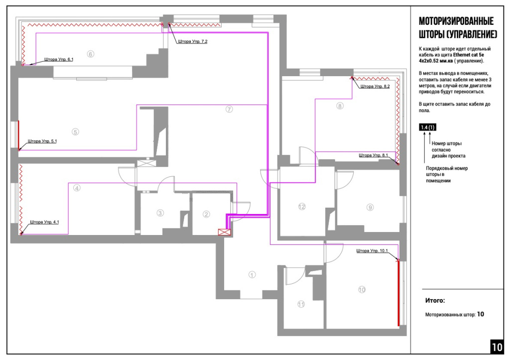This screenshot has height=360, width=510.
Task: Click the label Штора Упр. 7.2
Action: point(193,41)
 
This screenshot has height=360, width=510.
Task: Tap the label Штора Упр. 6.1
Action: point(59,60)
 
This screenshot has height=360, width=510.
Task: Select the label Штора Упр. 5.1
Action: point(42,141)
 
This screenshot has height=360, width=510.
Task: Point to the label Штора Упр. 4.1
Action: point(44,222)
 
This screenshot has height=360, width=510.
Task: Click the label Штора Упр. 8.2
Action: point(375,86)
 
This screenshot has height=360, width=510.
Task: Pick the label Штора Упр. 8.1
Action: point(374,155)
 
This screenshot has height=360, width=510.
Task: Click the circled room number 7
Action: point(229,109)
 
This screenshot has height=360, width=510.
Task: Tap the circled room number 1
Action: point(252,275)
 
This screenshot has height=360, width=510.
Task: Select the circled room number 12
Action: point(302,207)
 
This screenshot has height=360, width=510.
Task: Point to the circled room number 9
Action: point(370,207)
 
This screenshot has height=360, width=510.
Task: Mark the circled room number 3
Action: point(160,213)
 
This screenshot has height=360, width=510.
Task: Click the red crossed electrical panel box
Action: point(225,232)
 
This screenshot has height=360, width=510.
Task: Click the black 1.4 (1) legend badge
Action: point(428,127)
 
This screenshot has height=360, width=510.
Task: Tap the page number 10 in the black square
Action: point(497,347)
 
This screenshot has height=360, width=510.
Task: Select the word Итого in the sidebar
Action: point(434,300)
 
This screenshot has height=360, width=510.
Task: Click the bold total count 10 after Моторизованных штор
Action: point(481,314)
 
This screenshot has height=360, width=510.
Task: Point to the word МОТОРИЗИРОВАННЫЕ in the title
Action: point(456,21)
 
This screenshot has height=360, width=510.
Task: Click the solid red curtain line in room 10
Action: point(398,293)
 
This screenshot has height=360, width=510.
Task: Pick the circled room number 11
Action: point(301,304)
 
